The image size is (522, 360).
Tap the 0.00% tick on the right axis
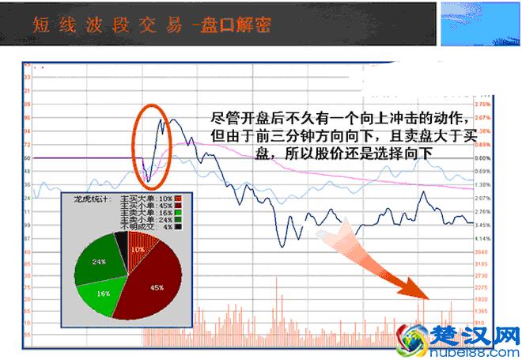click(x=483, y=157)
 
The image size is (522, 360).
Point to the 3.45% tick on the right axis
click(x=483, y=225)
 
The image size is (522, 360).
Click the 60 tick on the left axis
click(x=27, y=157)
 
